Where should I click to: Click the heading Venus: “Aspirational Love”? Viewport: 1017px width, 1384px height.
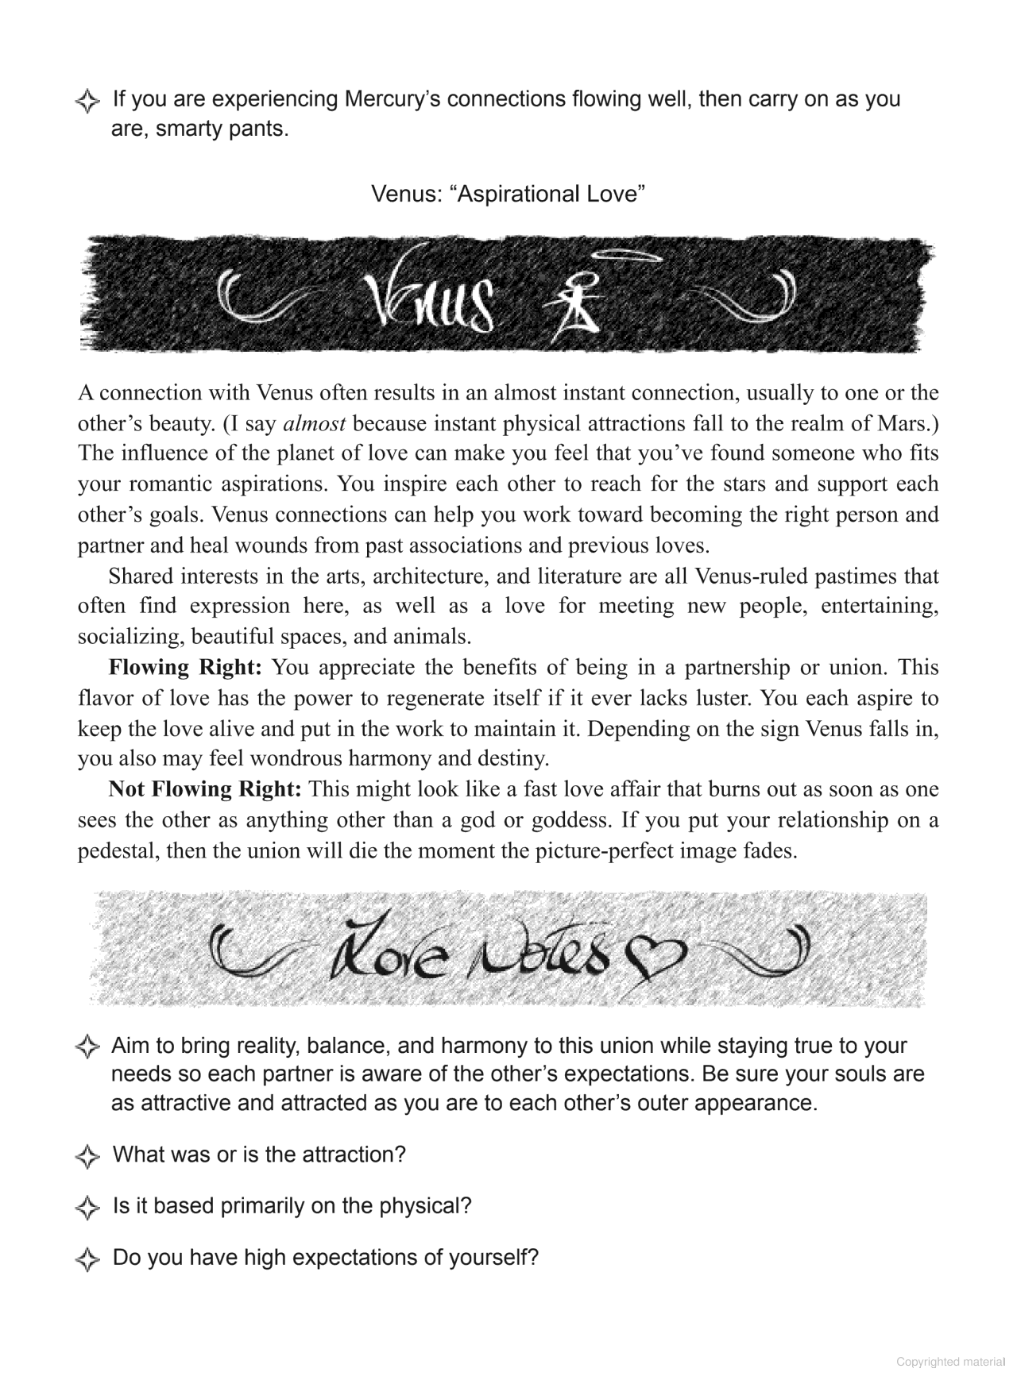click(x=508, y=194)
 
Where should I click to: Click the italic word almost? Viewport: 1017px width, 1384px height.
click(x=314, y=423)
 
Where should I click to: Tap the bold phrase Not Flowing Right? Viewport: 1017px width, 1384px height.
click(x=205, y=789)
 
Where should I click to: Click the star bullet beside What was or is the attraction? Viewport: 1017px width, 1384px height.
click(x=87, y=1156)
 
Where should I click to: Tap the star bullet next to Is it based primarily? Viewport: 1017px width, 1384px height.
click(x=87, y=1208)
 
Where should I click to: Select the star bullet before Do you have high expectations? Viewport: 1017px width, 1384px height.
click(x=87, y=1259)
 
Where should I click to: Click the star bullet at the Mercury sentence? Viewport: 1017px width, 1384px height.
click(x=87, y=101)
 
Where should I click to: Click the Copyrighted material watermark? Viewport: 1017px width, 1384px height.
click(x=950, y=1362)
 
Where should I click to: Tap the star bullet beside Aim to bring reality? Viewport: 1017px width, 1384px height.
click(x=87, y=1047)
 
